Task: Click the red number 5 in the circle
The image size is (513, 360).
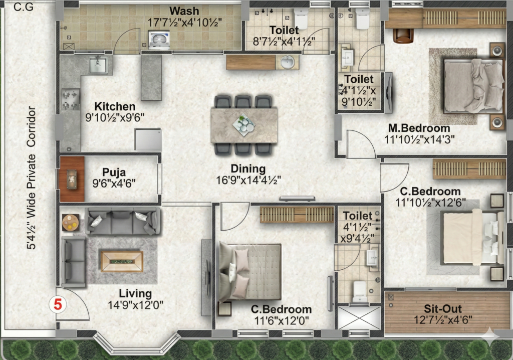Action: pyautogui.click(x=58, y=305)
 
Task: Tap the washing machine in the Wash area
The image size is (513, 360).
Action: pyautogui.click(x=159, y=40)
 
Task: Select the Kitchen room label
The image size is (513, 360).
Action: pyautogui.click(x=115, y=106)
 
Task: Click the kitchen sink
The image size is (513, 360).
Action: pyautogui.click(x=98, y=65)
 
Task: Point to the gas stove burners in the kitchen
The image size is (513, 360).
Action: pyautogui.click(x=71, y=100)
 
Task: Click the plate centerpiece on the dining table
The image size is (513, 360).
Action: pyautogui.click(x=244, y=125)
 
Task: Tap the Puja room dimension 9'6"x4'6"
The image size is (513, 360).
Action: pyautogui.click(x=114, y=183)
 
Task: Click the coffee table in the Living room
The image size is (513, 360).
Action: pyautogui.click(x=122, y=261)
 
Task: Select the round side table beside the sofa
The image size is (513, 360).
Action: pyautogui.click(x=71, y=222)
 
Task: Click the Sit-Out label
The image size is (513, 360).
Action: pyautogui.click(x=443, y=309)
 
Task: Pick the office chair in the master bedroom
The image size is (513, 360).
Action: pyautogui.click(x=403, y=36)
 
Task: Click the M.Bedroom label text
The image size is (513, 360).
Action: pyautogui.click(x=419, y=128)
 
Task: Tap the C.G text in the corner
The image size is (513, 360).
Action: pyautogui.click(x=24, y=7)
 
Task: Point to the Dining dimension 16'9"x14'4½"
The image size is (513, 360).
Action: pyautogui.click(x=248, y=180)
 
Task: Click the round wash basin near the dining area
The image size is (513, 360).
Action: pyautogui.click(x=288, y=62)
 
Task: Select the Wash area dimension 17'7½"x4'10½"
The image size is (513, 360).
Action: pyautogui.click(x=184, y=23)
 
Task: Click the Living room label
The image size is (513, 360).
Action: pyautogui.click(x=135, y=293)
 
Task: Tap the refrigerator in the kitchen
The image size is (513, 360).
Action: pyautogui.click(x=148, y=139)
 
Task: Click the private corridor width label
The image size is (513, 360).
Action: pyautogui.click(x=31, y=177)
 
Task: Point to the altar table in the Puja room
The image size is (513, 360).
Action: pyautogui.click(x=72, y=179)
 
